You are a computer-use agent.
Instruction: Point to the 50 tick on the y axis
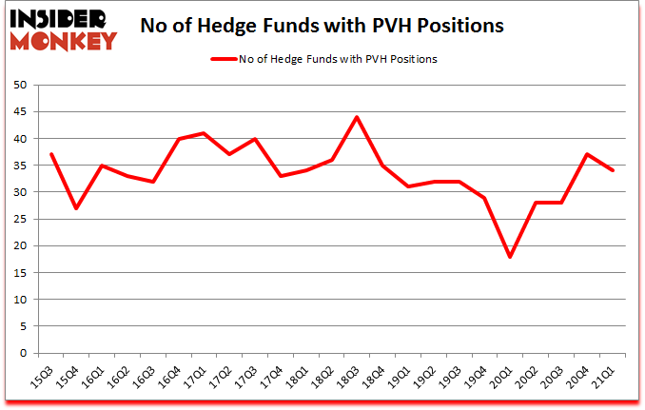(20, 85)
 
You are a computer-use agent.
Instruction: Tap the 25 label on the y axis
(20, 219)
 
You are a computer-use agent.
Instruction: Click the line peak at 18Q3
(356, 117)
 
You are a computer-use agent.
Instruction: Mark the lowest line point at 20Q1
(510, 257)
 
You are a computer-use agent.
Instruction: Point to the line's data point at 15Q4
(76, 208)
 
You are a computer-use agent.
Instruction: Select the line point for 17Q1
(203, 133)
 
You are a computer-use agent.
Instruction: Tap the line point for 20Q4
(587, 154)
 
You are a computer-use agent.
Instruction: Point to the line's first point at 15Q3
(50, 154)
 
